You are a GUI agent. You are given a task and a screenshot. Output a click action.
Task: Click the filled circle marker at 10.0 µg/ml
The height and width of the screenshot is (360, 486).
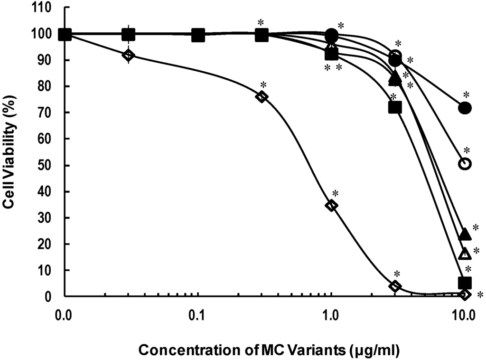pos(465,108)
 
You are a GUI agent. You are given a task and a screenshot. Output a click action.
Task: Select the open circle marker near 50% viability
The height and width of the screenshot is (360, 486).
pos(465,163)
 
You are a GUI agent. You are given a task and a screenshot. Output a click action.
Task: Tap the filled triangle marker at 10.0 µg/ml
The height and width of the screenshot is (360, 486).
pos(465,234)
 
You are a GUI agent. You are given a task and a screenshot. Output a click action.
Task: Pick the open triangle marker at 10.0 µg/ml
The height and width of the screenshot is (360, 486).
pos(465,254)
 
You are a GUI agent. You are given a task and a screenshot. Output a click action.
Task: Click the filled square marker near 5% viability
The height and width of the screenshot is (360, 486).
pos(465,283)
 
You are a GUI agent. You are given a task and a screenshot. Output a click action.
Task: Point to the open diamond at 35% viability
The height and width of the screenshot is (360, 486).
pos(331,205)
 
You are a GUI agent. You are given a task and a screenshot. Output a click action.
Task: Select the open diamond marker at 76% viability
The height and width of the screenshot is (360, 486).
pos(261,96)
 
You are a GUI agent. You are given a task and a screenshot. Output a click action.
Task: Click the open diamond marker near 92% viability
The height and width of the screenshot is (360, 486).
pos(128,55)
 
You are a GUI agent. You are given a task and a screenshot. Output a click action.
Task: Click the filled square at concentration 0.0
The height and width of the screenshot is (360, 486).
pos(65,34)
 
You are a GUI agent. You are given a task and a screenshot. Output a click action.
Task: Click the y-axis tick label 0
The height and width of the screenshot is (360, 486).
pos(54,297)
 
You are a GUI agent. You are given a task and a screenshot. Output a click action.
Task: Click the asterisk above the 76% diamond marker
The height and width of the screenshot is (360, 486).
pos(263,85)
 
